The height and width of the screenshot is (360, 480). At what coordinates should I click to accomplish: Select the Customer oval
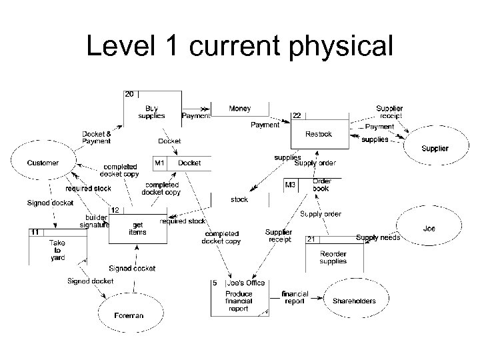click(43, 163)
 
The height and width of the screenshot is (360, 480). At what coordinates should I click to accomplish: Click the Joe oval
click(429, 229)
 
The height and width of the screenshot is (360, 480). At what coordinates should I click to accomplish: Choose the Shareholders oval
click(354, 301)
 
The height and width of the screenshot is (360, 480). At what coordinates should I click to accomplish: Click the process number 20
click(129, 94)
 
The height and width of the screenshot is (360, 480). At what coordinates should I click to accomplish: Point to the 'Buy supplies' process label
click(151, 112)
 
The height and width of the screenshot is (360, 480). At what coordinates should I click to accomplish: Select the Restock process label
click(318, 134)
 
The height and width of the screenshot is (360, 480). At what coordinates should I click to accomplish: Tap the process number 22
click(297, 115)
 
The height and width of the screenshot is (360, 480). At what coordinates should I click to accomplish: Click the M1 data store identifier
click(160, 163)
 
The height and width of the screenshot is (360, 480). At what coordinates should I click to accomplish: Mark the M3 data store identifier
click(291, 185)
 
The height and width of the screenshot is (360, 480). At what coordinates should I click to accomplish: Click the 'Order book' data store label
click(321, 185)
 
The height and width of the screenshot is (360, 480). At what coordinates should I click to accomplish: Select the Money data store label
click(240, 108)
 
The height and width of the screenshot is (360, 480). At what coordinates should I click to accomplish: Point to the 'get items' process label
click(139, 228)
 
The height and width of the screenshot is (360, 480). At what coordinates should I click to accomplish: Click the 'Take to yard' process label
click(58, 250)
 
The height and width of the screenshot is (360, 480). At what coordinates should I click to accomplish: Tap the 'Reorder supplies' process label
click(333, 257)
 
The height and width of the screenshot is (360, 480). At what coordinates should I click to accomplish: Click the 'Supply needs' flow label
click(377, 238)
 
